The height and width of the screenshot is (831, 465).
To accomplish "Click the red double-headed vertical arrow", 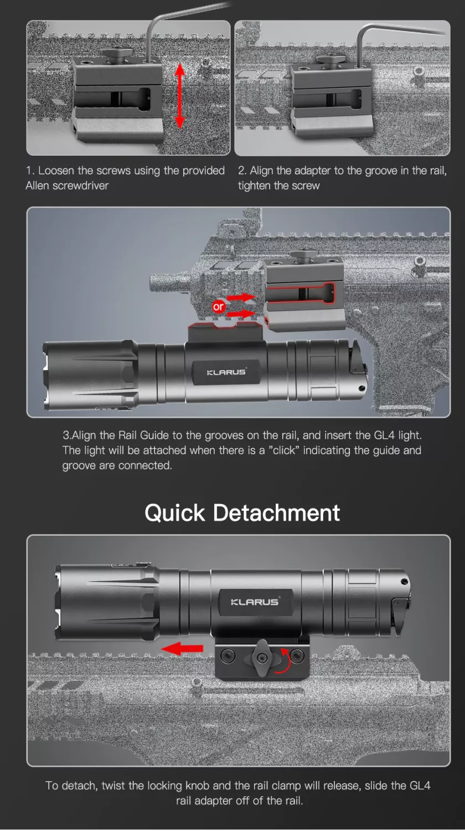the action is tap(180, 96).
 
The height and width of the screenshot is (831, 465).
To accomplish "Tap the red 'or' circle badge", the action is tap(219, 306).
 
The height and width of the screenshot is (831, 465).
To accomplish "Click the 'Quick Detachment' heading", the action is tap(242, 513).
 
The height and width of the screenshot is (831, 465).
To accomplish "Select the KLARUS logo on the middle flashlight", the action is tap(226, 372).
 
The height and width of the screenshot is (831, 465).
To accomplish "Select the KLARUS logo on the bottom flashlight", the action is tap(255, 602).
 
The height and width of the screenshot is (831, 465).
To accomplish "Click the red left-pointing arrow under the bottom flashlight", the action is tap(182, 649).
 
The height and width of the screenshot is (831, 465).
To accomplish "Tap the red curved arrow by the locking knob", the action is tap(283, 661).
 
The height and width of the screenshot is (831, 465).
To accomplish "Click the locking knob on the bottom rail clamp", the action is tap(262, 658).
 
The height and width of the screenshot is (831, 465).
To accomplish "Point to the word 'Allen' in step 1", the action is tap(38, 186).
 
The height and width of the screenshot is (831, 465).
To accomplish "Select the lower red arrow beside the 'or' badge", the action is tap(240, 314).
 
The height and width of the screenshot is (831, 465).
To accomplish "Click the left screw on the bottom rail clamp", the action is tap(228, 656).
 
